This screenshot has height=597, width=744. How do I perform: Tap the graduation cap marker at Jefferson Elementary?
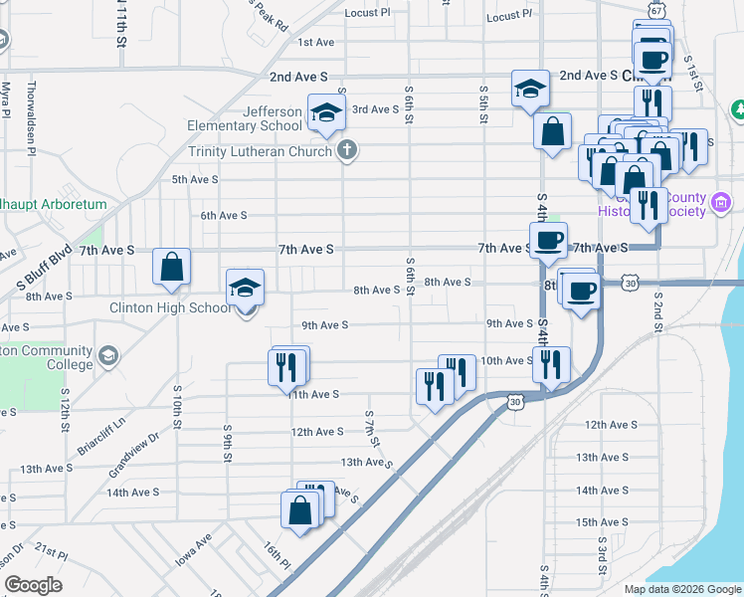coord(325,114)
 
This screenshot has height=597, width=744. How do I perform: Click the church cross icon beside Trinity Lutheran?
coord(346,151)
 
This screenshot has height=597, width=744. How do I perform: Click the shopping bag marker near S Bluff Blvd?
coord(171,267)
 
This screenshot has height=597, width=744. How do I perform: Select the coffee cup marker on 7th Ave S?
coord(548,240)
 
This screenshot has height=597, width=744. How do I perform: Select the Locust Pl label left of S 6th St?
coord(367,13)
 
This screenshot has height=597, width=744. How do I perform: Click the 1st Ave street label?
coord(315,42)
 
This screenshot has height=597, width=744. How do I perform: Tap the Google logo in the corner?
coord(33,585)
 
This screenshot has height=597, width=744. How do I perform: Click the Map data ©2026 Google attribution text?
coord(681,589)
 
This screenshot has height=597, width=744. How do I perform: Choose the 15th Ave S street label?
coord(606,521)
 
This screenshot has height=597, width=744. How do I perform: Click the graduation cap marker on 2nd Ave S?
coord(530,89)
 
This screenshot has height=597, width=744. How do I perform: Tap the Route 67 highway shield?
coord(655,8)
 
